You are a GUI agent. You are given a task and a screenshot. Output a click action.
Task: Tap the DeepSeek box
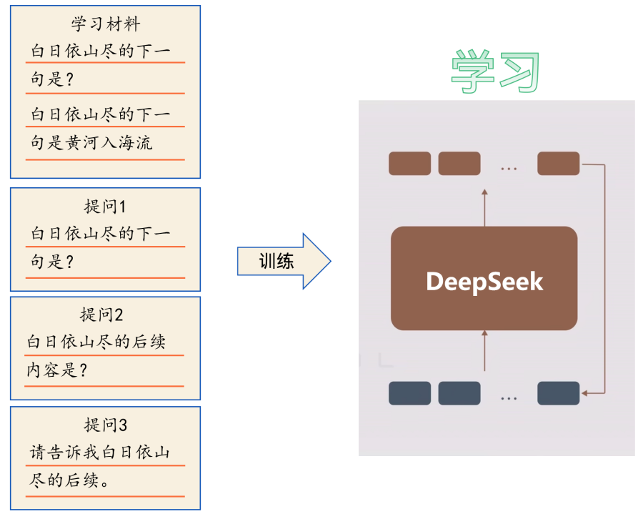(x=484, y=279)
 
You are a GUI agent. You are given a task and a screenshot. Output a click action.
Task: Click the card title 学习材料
(x=105, y=24)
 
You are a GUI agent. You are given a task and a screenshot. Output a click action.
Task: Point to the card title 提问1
(x=105, y=207)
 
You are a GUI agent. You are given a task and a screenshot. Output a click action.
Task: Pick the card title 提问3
(x=105, y=425)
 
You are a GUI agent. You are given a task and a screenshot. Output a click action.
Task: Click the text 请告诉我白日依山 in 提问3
(x=100, y=453)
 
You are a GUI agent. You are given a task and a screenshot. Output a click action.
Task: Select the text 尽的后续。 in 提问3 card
(x=69, y=480)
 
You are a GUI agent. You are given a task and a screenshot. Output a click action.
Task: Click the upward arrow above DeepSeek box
(x=484, y=207)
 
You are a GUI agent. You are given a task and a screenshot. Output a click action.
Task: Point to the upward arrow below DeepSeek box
(x=484, y=350)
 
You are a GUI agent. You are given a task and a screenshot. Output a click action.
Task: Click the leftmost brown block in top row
(x=409, y=164)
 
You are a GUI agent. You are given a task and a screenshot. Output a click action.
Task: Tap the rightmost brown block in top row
(x=558, y=164)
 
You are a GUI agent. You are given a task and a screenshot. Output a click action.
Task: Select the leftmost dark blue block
(x=409, y=393)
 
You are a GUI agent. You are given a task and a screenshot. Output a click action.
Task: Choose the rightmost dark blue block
(x=558, y=393)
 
